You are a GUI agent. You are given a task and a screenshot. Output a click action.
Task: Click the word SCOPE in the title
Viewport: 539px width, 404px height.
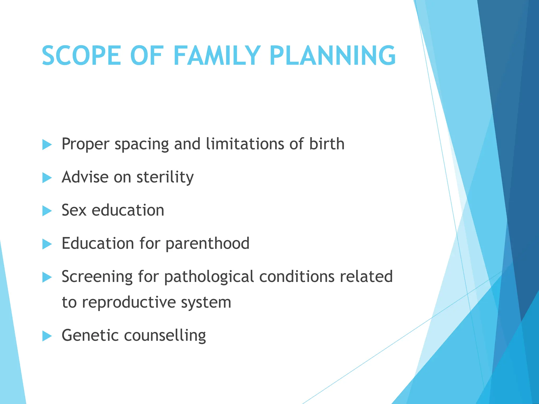click(x=81, y=56)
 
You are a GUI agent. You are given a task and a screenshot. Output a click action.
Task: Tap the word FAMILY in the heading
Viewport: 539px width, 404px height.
click(x=217, y=56)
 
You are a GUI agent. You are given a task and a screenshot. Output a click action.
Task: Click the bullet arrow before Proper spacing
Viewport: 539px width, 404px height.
click(x=47, y=145)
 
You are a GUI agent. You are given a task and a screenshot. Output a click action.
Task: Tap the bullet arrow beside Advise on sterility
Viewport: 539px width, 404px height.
click(x=47, y=178)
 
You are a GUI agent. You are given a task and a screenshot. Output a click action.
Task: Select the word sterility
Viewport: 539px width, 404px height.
click(x=165, y=177)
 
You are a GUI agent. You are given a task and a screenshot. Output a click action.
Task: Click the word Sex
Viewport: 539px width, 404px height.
click(x=74, y=210)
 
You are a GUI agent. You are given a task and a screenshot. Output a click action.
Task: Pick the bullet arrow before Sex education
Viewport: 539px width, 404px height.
click(x=47, y=211)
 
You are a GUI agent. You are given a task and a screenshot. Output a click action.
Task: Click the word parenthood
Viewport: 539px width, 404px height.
click(x=207, y=243)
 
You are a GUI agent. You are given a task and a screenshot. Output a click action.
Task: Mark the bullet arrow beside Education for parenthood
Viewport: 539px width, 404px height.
click(x=47, y=244)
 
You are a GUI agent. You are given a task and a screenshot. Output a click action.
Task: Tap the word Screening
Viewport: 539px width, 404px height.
click(x=97, y=277)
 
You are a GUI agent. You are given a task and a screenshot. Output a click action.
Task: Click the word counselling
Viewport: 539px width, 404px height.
click(x=165, y=335)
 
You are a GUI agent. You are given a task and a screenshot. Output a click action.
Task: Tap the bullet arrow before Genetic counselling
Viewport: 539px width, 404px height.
click(x=47, y=336)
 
